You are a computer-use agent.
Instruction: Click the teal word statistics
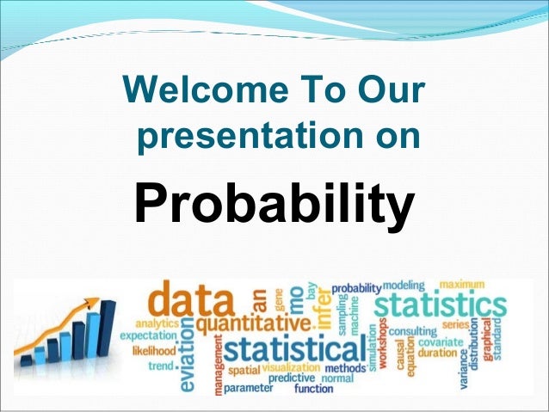point(441,307)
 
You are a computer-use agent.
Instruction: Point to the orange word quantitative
point(251,325)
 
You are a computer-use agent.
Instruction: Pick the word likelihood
point(154,351)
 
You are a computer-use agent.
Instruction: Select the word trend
point(160,367)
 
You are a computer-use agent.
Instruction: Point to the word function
point(313,389)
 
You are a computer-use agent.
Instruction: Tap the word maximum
point(461,285)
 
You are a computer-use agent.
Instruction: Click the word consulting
point(413,331)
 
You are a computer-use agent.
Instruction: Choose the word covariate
point(443,341)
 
